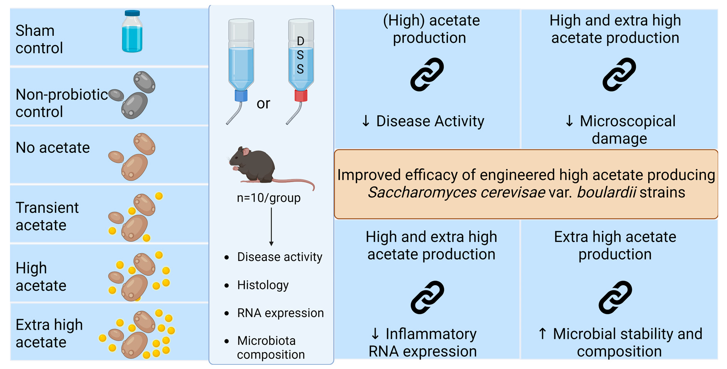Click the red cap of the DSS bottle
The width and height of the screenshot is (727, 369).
pos(301,95)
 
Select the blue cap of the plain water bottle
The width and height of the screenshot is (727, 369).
pos(241,96)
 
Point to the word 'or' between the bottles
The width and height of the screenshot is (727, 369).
pos(263,104)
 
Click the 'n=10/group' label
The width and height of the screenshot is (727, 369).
pos(269,198)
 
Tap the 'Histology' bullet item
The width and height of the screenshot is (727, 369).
pos(263,285)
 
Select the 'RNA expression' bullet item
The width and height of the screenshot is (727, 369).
pos(280,313)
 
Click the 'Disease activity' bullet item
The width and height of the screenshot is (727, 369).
pos(279,257)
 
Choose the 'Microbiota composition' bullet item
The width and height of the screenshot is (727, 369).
pos(271,347)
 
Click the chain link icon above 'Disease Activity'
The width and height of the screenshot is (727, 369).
pos(427,75)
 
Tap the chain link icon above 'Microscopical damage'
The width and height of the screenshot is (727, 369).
pos(619,75)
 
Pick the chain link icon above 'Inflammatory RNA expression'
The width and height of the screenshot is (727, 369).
pos(427,297)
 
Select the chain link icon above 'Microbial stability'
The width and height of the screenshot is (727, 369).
pos(615,297)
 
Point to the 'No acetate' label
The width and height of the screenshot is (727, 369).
pos(53,148)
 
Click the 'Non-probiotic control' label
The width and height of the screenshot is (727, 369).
pos(62,103)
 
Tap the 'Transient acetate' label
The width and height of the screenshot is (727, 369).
pos(47,216)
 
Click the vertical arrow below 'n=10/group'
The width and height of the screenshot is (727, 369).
pos(271,227)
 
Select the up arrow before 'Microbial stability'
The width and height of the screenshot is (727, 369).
pos(542,334)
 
